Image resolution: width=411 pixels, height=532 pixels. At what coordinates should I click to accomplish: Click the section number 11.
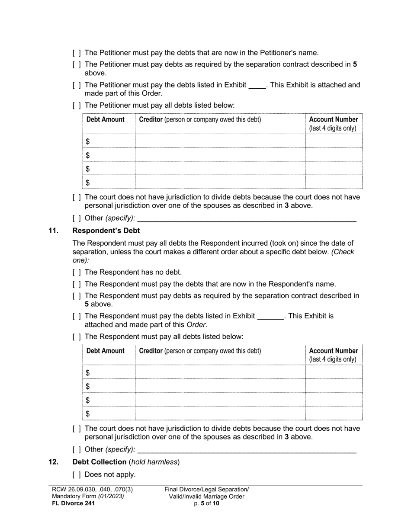53,231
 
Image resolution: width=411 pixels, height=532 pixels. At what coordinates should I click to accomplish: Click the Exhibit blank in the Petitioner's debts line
257,85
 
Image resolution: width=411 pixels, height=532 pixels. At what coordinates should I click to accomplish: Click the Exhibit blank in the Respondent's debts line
270,316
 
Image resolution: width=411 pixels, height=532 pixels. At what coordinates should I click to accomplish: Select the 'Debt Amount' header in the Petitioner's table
106,119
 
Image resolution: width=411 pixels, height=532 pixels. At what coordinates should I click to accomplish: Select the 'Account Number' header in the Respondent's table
334,351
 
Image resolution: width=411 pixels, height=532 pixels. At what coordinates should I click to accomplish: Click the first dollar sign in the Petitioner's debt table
88,141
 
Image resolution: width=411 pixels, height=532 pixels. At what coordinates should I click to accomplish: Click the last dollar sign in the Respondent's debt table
88,414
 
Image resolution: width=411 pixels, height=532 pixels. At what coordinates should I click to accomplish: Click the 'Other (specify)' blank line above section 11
247,219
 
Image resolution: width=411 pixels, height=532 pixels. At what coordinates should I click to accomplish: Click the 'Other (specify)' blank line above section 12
247,450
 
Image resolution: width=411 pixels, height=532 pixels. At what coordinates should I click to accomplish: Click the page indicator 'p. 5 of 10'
206,503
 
